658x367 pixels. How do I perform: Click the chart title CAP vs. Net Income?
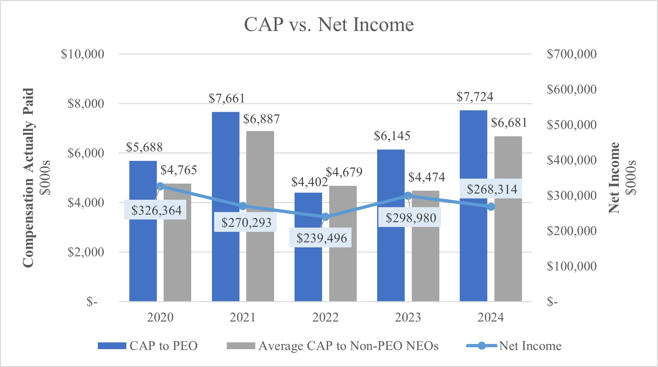point(329,25)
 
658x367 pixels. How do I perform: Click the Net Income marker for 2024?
point(491,207)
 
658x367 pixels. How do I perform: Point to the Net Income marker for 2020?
point(160,186)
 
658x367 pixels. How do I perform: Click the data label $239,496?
point(321,238)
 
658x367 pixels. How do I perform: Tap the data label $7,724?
point(475,97)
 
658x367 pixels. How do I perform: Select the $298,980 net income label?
point(410,218)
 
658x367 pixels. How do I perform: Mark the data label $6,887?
point(261,119)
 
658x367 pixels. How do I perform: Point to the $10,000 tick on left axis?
point(83,54)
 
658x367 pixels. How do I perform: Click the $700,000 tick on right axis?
point(571,54)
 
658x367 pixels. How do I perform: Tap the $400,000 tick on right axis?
point(571,160)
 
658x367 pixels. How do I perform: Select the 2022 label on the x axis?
point(325,317)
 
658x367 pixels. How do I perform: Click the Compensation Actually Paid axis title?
point(29,178)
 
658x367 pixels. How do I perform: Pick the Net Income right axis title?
point(614,178)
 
